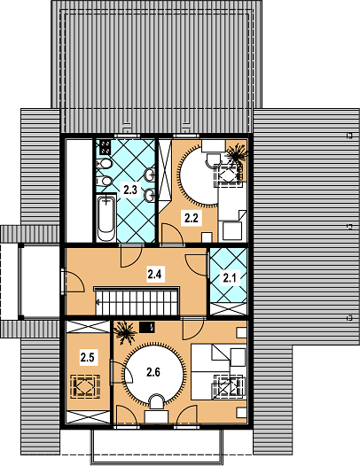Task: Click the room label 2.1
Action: pyautogui.click(x=229, y=278)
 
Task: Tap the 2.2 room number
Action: pyautogui.click(x=191, y=218)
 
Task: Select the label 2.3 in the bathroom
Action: pyautogui.click(x=130, y=190)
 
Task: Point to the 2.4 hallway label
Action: pyautogui.click(x=154, y=274)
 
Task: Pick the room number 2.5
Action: pyautogui.click(x=87, y=357)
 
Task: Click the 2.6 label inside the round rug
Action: pyautogui.click(x=153, y=372)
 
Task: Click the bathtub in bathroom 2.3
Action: pyautogui.click(x=106, y=218)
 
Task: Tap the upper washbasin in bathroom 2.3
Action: pyautogui.click(x=149, y=175)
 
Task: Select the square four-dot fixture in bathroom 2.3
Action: pyautogui.click(x=105, y=147)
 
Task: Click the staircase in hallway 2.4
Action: pyautogui.click(x=137, y=300)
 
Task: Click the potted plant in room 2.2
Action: pyautogui.click(x=237, y=153)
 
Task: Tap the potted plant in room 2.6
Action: pyautogui.click(x=125, y=333)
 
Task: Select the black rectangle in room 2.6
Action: pyautogui.click(x=147, y=328)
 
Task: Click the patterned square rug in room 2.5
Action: pyautogui.click(x=85, y=386)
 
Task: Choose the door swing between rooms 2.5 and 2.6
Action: pyautogui.click(x=121, y=372)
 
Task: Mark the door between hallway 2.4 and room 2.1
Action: pyautogui.click(x=197, y=265)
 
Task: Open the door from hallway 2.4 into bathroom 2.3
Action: pyautogui.click(x=131, y=255)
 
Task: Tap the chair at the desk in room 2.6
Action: pyautogui.click(x=157, y=402)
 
